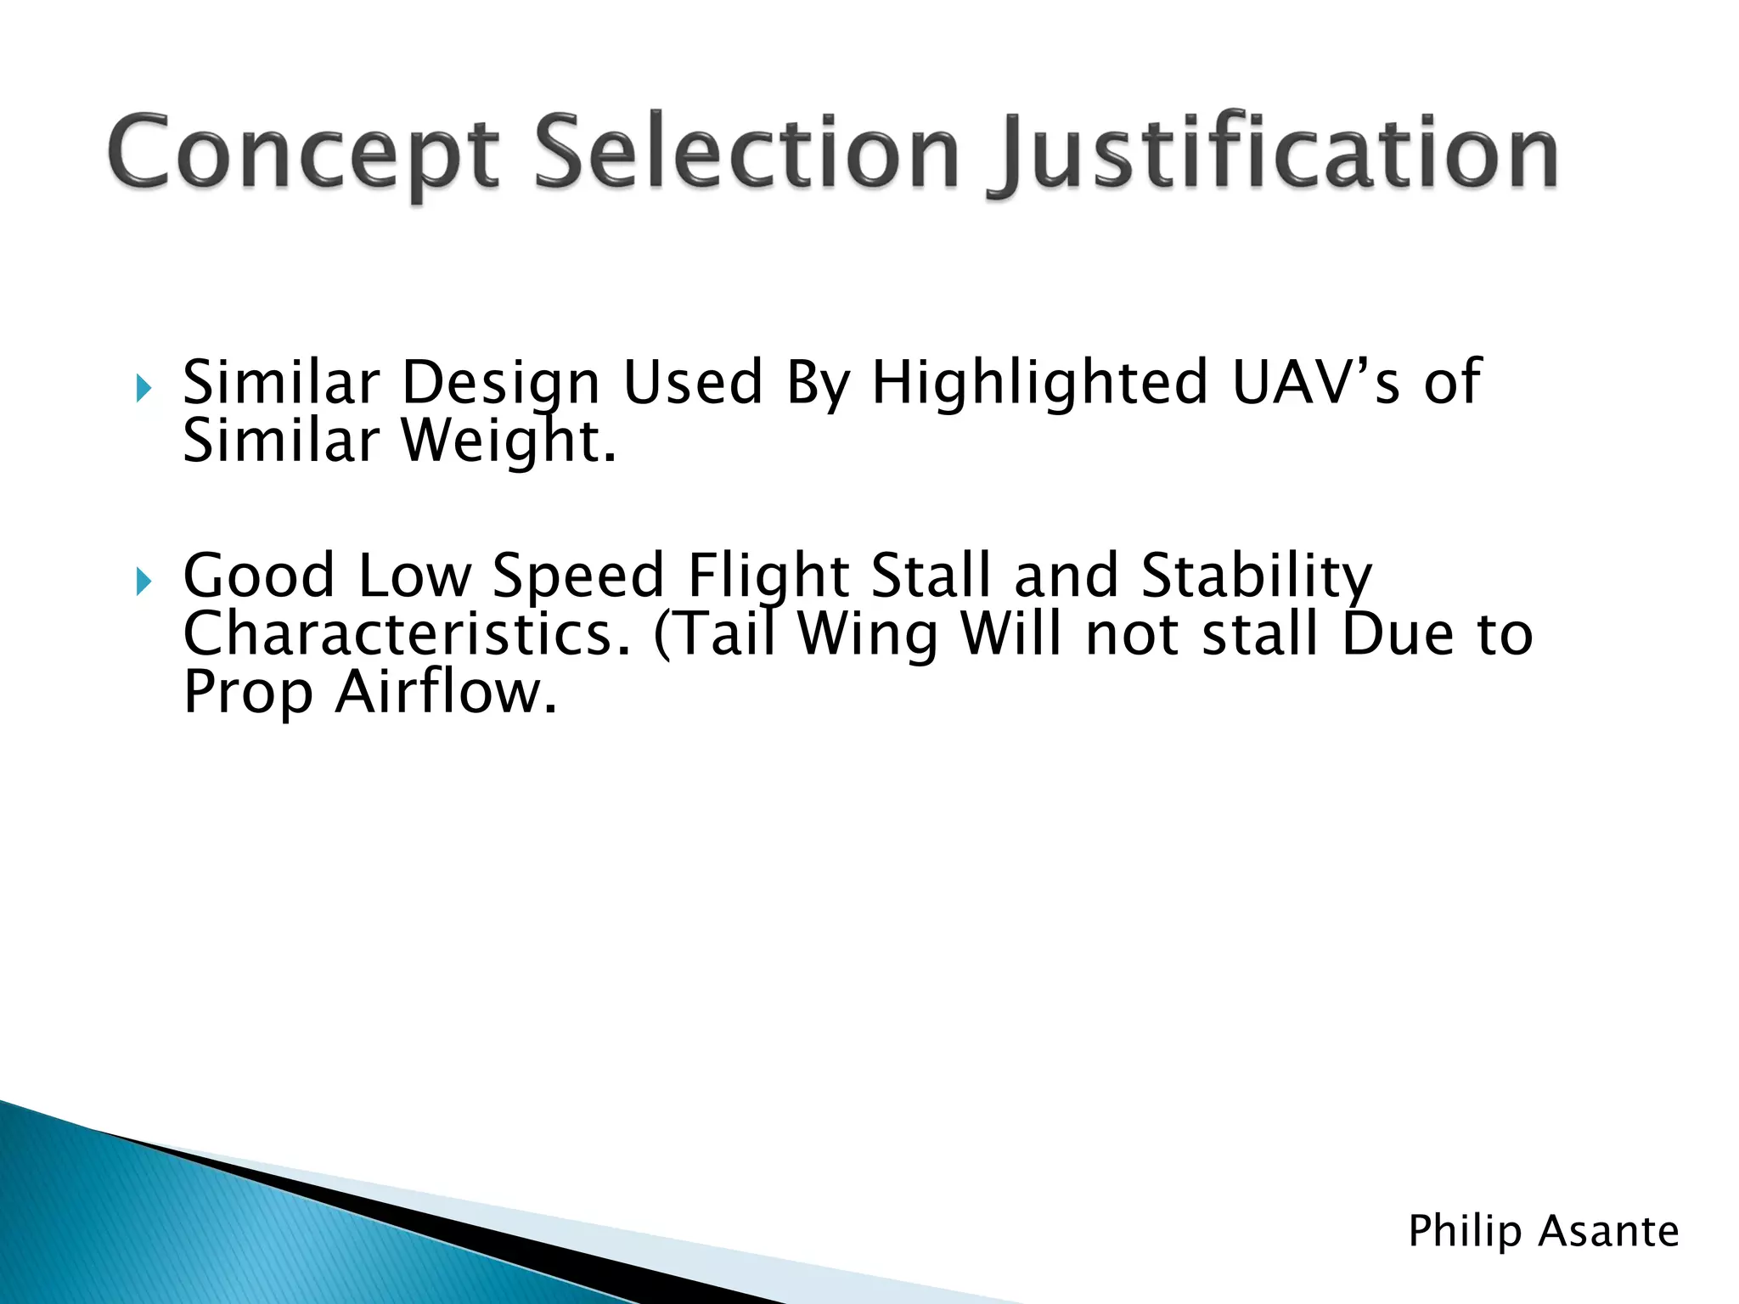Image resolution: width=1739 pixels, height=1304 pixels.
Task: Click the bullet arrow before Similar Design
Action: (x=144, y=390)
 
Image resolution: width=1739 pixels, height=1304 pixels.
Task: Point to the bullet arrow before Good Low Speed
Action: (x=144, y=582)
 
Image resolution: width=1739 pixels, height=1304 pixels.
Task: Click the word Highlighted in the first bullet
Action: (x=1039, y=383)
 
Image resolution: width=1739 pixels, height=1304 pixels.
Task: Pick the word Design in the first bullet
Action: (x=501, y=383)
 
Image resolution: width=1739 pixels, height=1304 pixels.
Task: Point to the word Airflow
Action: (x=446, y=693)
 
